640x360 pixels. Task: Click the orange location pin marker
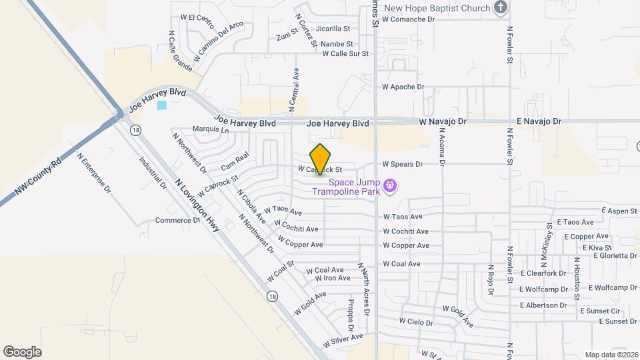[321, 159]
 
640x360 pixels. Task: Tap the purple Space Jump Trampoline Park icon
[391, 185]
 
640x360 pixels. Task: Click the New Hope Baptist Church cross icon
[501, 8]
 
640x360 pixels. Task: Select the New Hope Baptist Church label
[437, 8]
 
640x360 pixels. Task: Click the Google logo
[22, 351]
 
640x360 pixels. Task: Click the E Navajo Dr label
[539, 122]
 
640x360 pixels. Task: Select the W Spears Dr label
[402, 164]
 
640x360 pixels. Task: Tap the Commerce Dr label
[178, 220]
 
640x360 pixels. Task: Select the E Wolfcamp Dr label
[606, 288]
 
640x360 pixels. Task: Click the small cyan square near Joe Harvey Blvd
[161, 105]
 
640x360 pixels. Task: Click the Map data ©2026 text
[611, 355]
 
